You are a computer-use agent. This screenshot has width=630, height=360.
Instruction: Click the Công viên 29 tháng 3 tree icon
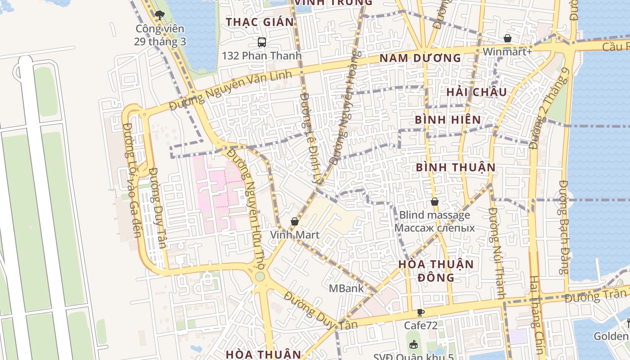coord(159,15)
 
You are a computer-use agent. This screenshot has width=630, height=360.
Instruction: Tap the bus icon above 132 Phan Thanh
coord(262,42)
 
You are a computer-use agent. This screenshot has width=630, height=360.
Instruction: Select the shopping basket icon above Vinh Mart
coord(295,221)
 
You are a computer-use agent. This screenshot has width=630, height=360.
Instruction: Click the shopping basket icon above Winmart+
coord(508,39)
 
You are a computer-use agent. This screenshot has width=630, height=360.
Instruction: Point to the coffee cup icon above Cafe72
coord(420,312)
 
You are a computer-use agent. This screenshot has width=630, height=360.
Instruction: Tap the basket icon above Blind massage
coord(434,202)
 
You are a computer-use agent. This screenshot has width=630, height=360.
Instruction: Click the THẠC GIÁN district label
coord(260,22)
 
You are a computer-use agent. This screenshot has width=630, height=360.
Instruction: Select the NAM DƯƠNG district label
coord(420,58)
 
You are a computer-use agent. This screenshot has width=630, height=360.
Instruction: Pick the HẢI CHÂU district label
coord(477,92)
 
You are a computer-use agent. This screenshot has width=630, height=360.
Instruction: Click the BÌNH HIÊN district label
coord(448,120)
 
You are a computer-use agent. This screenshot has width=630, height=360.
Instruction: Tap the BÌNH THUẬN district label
coord(455,167)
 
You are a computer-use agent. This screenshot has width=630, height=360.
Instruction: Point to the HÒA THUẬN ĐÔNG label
coord(436,270)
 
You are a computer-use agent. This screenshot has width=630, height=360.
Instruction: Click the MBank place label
coord(346,288)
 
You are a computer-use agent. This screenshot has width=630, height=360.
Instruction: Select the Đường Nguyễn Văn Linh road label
coord(231,90)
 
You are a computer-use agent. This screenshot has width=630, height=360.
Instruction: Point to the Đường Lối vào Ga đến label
coord(132,180)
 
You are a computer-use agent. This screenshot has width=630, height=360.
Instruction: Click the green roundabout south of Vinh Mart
coord(260,276)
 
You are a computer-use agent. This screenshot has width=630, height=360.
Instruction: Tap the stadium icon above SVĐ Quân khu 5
coord(413,345)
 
